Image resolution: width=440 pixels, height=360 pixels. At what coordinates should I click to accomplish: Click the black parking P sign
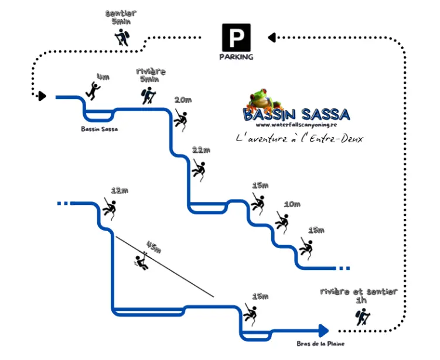point(236,37)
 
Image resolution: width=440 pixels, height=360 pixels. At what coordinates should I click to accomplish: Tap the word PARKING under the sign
point(236,57)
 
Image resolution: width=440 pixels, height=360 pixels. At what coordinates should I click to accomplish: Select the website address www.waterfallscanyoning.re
point(296,125)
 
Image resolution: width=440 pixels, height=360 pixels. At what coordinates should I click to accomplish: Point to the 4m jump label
point(103,77)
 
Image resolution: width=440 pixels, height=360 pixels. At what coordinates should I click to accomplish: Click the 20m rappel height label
point(183,100)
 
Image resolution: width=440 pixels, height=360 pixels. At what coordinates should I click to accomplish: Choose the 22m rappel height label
point(201,150)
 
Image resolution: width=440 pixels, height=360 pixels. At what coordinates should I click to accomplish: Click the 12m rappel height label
point(119,190)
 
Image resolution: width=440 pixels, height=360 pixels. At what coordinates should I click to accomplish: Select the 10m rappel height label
point(292,204)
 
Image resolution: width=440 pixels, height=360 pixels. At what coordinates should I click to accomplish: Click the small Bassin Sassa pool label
point(99,129)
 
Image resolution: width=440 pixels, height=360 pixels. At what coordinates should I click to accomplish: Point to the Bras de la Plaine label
point(320,344)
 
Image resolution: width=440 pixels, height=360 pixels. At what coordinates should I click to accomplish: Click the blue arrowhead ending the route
point(322,331)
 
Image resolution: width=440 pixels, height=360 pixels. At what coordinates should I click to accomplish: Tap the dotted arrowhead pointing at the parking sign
point(271,37)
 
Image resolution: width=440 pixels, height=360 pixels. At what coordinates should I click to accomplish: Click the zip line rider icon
point(141,262)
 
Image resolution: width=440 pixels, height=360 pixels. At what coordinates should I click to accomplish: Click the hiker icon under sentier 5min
point(121,37)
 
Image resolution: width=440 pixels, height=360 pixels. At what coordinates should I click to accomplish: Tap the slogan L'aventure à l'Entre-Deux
point(299,139)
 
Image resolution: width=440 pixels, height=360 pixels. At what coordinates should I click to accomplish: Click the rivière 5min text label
point(150,75)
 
